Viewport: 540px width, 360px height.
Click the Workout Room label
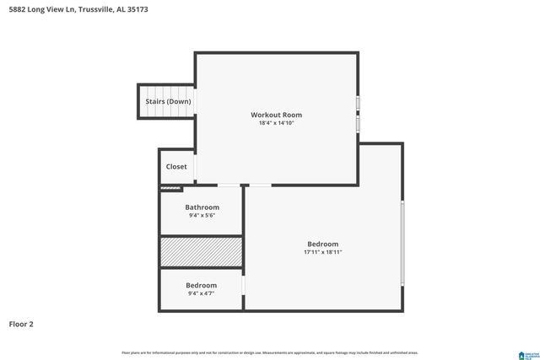[276, 115]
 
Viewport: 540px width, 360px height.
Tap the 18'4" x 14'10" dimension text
[276, 123]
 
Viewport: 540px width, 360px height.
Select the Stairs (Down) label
[168, 101]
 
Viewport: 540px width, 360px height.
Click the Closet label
[176, 167]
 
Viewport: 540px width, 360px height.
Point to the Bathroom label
[202, 207]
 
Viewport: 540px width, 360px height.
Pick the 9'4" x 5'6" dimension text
[202, 216]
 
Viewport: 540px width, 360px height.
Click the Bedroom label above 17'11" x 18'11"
[322, 244]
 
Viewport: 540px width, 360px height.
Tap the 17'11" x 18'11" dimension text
[322, 252]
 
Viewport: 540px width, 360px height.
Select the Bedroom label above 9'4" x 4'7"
[201, 285]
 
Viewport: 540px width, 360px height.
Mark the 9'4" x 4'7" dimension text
[201, 293]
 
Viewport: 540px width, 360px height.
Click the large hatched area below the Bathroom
[202, 252]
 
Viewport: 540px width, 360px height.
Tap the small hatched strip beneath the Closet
[171, 189]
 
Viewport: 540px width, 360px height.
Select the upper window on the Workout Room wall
[359, 104]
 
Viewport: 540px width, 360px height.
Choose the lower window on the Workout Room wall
[359, 124]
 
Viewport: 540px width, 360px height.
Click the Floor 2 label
[21, 324]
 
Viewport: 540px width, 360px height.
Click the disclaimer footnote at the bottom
[270, 352]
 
